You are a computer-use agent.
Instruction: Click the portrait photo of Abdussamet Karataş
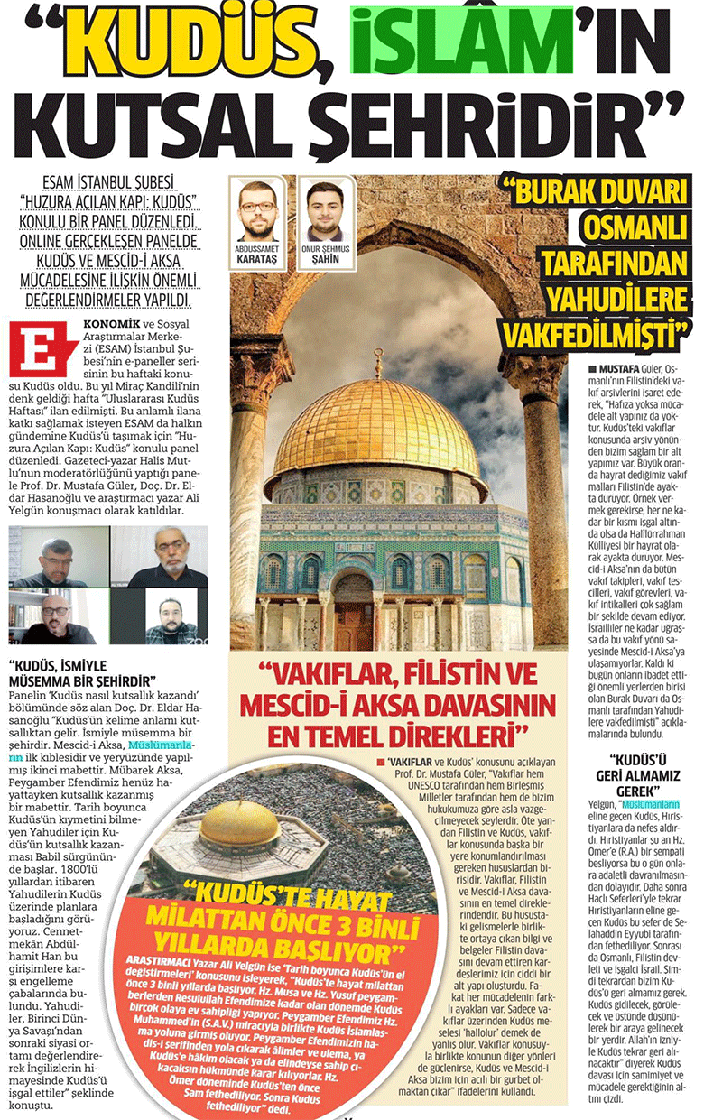(x=258, y=210)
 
